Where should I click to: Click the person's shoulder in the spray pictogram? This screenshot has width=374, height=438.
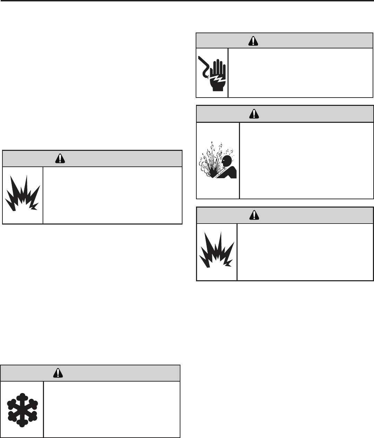230,171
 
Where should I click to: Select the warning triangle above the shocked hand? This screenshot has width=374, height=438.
254,40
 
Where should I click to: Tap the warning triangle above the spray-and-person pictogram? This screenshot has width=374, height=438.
254,114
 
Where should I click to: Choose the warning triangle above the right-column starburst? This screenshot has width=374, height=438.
254,215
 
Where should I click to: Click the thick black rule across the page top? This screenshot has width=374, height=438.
187,1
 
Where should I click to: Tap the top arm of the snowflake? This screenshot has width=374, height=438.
23,397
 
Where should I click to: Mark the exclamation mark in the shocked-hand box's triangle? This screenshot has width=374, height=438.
254,41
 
